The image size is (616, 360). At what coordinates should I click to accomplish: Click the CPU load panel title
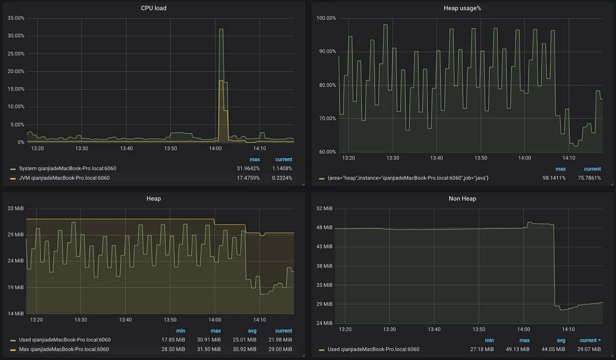tap(154, 8)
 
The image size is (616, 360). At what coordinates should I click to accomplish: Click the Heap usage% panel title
tap(462, 8)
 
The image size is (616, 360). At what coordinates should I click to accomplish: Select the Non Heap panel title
tap(462, 199)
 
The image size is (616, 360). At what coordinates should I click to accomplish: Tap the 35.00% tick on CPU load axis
tap(16, 18)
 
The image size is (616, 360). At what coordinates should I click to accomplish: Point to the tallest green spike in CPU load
tap(221, 30)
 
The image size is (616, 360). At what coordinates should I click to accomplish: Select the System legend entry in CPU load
tap(67, 168)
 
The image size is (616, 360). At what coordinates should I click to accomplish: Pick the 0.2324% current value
tap(281, 178)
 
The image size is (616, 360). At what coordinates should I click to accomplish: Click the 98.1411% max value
tap(554, 178)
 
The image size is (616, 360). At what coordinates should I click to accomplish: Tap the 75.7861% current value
tap(589, 178)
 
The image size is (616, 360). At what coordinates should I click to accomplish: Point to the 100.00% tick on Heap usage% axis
tap(326, 18)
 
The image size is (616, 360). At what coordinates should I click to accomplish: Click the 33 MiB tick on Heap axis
tap(16, 209)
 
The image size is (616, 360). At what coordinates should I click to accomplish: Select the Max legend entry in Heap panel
tap(64, 349)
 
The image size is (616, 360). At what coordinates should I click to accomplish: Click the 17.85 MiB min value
tap(174, 340)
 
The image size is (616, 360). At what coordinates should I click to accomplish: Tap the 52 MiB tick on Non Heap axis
tap(324, 209)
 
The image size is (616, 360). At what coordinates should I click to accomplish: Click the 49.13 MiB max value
tap(518, 349)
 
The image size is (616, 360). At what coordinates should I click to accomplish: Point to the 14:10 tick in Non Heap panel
tap(568, 329)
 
